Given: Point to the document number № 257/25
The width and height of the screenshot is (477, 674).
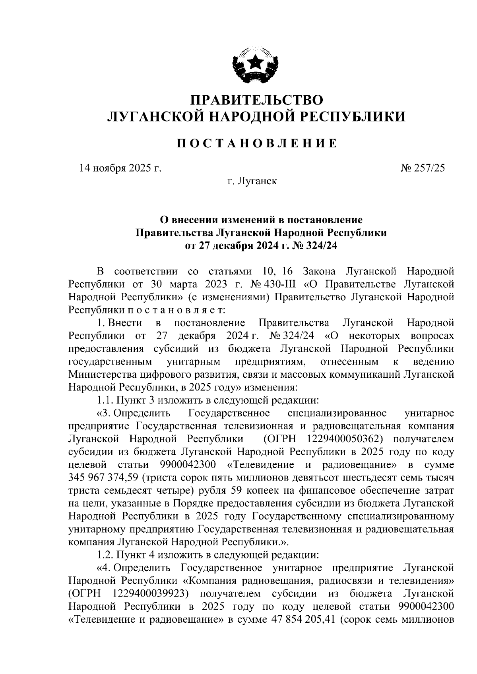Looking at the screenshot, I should pos(423,168).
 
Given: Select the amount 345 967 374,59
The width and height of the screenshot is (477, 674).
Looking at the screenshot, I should pos(104,477).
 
